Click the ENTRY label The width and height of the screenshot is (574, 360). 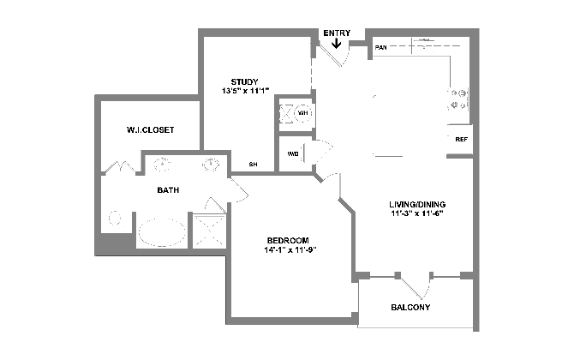point(337,33)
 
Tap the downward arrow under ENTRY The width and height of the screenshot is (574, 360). point(337,44)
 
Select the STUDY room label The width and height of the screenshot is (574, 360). point(244,81)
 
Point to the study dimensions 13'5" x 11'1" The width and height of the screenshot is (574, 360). point(245,91)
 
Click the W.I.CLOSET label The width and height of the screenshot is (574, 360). point(151,130)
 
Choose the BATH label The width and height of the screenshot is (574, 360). point(168,190)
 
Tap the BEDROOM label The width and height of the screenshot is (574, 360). point(288,241)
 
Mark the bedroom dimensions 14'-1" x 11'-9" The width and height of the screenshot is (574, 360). point(290,250)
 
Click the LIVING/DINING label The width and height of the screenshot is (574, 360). point(417,204)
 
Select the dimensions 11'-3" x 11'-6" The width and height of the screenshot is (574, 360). point(417,213)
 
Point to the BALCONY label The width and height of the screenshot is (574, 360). point(410,307)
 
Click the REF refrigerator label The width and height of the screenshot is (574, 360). point(461,140)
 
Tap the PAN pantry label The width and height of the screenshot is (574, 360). point(380,48)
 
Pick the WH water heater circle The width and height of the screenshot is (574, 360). point(303,113)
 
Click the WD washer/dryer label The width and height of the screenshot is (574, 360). point(293,154)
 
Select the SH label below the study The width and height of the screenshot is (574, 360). point(253,165)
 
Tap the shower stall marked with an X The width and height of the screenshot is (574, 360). point(209,231)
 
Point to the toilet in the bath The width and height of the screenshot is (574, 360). point(116,219)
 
